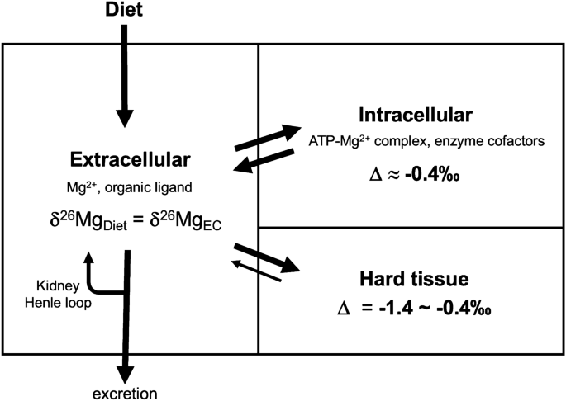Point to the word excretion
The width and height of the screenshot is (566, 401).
tap(125, 391)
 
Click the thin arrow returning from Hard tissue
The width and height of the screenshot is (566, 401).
tap(259, 270)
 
